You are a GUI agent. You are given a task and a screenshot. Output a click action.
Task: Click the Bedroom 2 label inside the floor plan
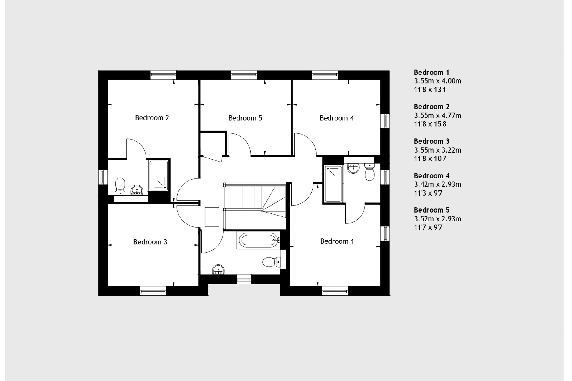click(152, 118)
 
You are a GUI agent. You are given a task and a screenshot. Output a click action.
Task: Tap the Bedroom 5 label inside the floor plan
click(245, 118)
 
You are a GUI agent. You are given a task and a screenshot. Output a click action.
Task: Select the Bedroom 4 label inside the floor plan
click(337, 118)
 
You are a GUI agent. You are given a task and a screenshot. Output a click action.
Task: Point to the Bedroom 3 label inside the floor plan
click(150, 242)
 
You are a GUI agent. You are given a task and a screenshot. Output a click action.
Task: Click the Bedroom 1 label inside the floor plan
click(337, 241)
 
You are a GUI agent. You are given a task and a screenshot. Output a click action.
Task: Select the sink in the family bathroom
click(218, 270)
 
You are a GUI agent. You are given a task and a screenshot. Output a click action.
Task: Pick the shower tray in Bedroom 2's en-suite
click(158, 175)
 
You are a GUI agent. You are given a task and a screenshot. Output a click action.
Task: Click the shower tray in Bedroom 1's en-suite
click(333, 184)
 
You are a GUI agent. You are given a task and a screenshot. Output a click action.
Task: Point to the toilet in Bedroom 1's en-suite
click(370, 172)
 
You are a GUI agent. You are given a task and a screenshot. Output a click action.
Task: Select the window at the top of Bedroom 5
click(244, 75)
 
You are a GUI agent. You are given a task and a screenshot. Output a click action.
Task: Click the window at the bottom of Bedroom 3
click(153, 291)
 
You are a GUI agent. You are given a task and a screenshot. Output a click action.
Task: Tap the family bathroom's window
click(244, 279)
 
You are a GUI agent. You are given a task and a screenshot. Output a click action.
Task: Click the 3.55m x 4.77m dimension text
click(437, 115)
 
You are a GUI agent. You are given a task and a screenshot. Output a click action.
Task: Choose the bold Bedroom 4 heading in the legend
click(432, 176)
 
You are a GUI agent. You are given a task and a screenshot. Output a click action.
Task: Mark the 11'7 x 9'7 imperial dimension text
click(428, 227)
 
